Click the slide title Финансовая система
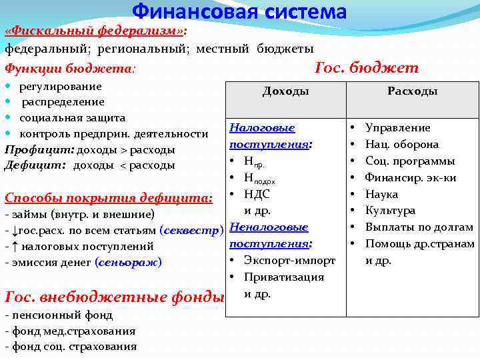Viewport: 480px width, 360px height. coord(239,12)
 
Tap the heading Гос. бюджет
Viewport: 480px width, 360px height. coord(366,68)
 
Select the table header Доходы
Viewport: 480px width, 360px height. coord(285,91)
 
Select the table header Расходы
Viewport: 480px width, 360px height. coord(412,91)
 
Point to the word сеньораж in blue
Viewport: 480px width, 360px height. coord(129,263)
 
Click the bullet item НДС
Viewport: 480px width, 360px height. coord(257,194)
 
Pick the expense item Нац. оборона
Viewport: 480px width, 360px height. coord(401,144)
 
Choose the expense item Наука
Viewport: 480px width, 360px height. coord(381,194)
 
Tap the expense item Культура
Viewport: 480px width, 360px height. coord(390,211)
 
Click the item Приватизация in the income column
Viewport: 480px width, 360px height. coord(284,277)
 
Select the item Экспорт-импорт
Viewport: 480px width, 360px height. coord(284,261)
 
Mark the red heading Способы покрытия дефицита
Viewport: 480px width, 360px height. coord(109,198)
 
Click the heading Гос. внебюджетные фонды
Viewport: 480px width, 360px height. coord(114,296)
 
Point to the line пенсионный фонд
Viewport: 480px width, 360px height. coord(60,315)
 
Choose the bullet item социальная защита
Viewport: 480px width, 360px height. coord(72,118)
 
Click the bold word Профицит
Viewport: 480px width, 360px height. coord(37,149)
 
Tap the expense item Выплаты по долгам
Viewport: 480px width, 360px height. coord(419,227)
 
